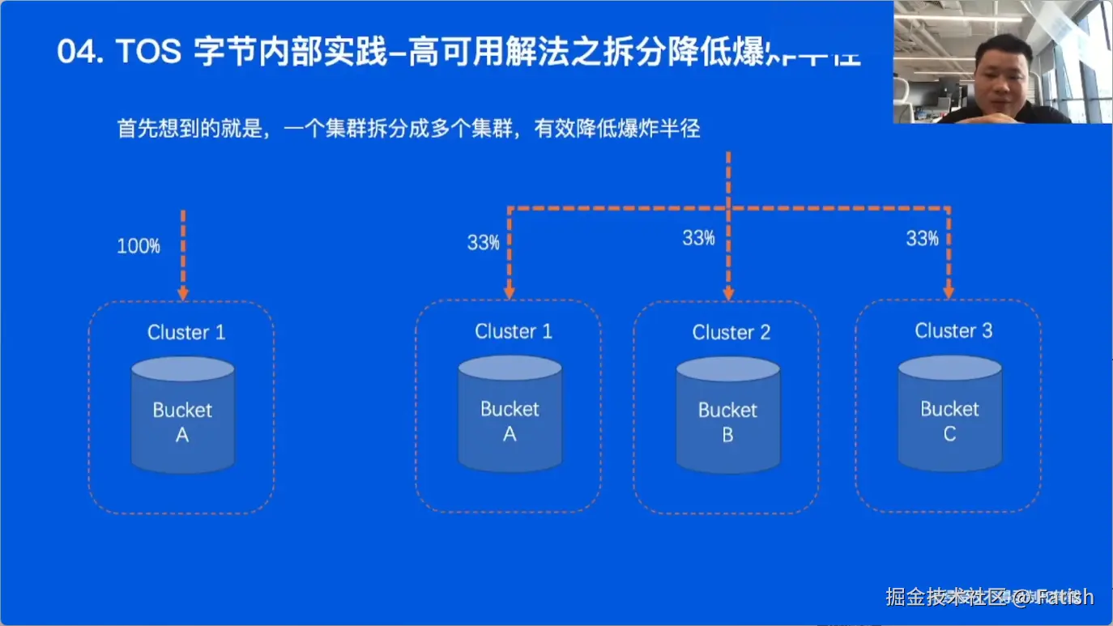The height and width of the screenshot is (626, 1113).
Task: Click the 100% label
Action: pos(139,246)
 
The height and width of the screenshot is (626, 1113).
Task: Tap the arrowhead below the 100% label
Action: pos(183,292)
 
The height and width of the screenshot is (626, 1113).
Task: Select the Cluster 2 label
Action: pos(731,332)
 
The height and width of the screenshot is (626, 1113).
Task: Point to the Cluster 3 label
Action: pos(953,330)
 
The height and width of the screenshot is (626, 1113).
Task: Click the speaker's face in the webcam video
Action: pos(1001,75)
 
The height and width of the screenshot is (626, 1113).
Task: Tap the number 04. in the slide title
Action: pos(80,53)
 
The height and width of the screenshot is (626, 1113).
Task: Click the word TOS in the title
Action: pos(148,53)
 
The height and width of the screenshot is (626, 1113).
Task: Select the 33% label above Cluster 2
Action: pos(698,238)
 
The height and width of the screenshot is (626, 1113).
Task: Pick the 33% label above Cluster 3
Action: pos(922,238)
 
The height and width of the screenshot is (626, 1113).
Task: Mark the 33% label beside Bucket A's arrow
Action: pos(483,242)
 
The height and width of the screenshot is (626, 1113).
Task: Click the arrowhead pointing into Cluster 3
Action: pos(949,292)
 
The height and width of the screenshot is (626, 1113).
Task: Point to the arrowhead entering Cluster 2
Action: pos(728,292)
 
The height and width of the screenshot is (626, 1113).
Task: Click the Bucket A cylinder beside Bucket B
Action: pos(510,415)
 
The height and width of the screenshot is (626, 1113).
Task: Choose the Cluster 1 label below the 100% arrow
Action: pos(185,332)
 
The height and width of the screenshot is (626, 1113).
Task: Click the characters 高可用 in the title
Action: pos(454,53)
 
